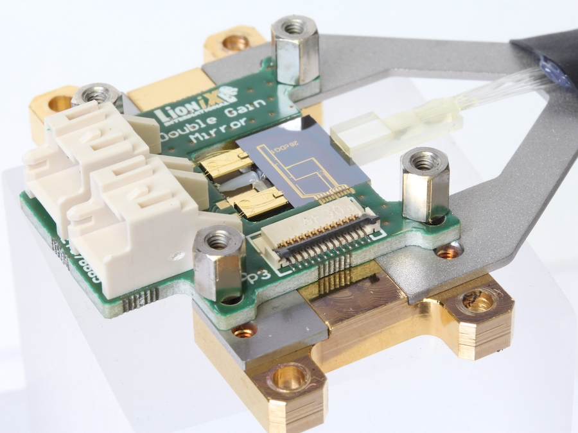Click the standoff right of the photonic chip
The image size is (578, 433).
[x=424, y=186]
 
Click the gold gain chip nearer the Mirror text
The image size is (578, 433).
[x=225, y=163]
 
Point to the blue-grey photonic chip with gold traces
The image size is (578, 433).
[x=302, y=160]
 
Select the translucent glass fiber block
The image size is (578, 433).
[x=360, y=135]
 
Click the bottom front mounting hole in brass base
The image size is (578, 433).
[x=289, y=380]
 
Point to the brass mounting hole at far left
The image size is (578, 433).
[x=60, y=103]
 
